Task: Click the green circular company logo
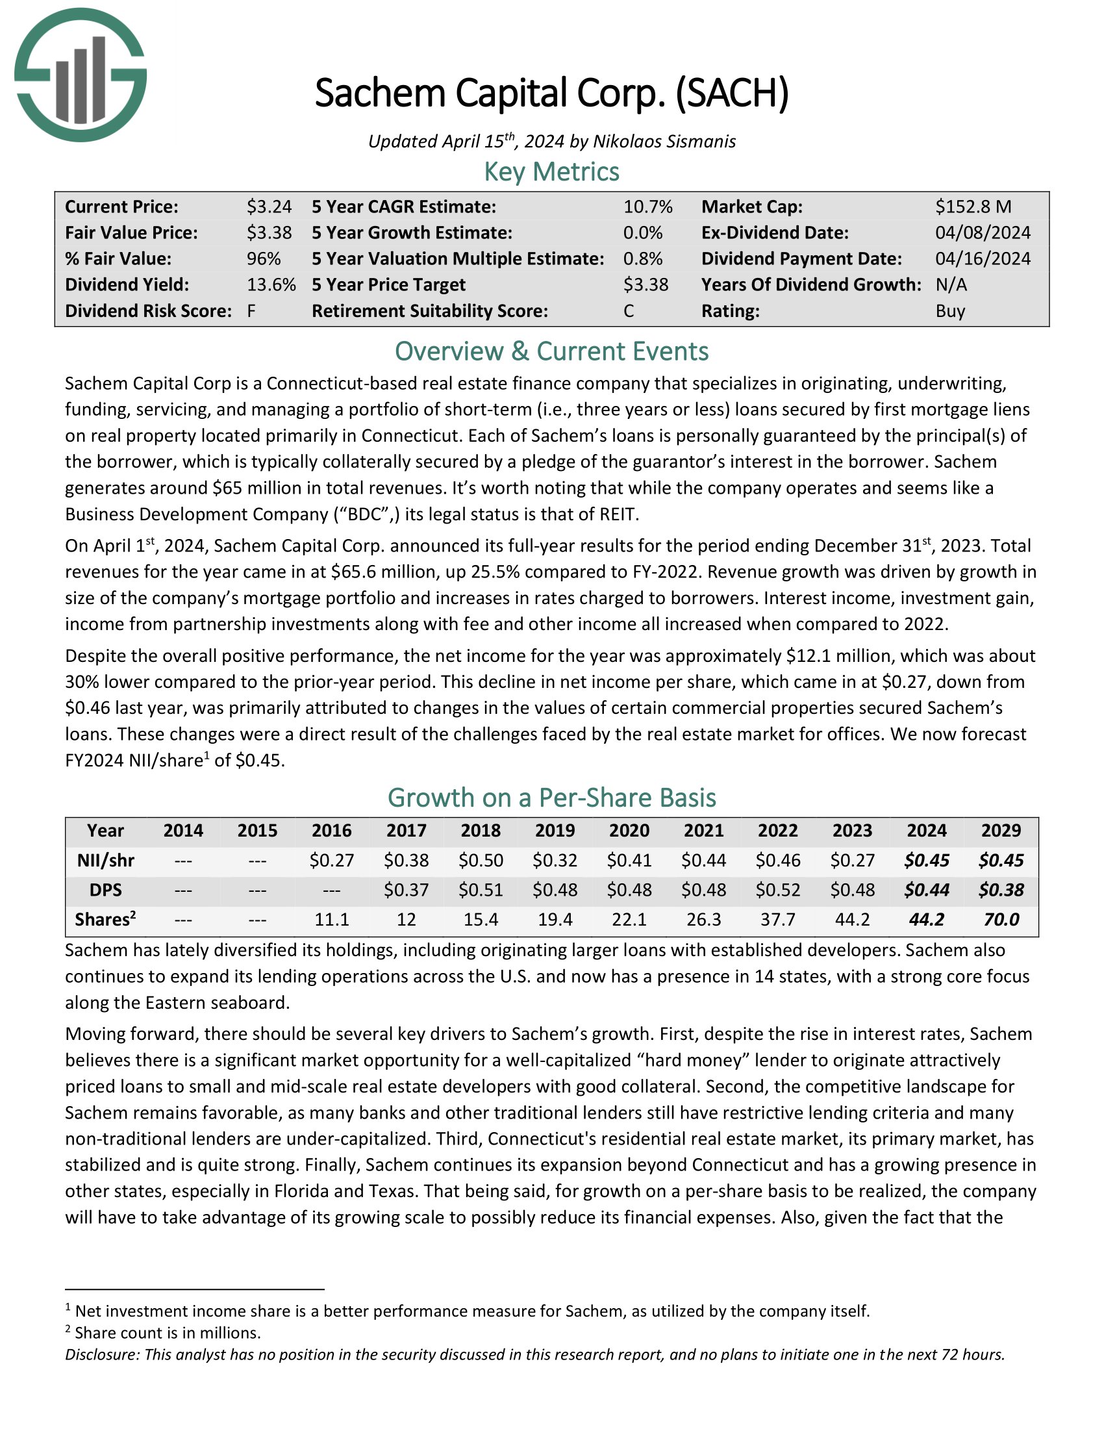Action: tap(80, 75)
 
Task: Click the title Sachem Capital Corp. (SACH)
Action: tap(551, 94)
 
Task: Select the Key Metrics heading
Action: tap(551, 172)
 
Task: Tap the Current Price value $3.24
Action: tap(269, 207)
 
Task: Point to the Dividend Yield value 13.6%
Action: tap(271, 285)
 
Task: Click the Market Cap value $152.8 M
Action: tap(973, 207)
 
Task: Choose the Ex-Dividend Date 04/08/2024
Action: tap(983, 233)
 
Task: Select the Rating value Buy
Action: tap(949, 310)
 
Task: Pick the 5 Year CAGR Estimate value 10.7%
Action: tap(647, 207)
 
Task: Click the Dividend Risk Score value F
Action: tap(251, 310)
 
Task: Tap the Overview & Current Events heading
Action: tap(551, 351)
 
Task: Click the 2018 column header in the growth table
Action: tap(481, 830)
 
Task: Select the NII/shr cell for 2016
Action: tap(332, 860)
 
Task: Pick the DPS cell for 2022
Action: tap(777, 890)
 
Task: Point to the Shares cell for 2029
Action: tap(1001, 919)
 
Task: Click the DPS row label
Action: tap(105, 890)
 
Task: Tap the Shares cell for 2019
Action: tap(555, 919)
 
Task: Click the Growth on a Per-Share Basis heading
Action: tap(551, 798)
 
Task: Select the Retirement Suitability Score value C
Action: tap(629, 310)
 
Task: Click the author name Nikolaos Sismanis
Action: tap(664, 142)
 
